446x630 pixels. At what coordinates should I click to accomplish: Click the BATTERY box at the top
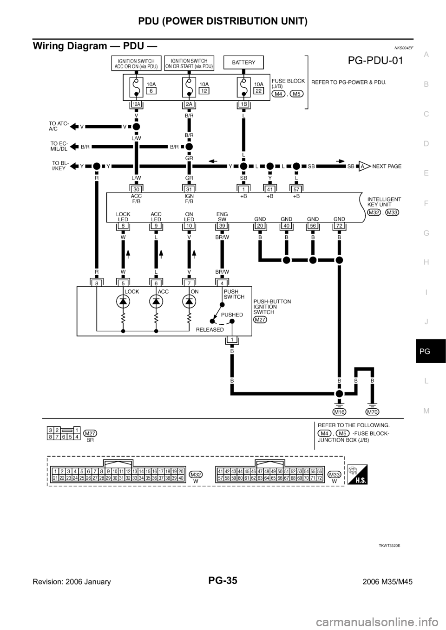pos(243,63)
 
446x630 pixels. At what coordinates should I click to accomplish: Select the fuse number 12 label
pos(204,90)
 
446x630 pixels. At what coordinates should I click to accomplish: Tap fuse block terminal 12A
pos(136,104)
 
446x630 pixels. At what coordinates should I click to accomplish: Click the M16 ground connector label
pos(340,412)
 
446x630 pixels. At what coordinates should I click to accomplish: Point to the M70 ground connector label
pos(372,412)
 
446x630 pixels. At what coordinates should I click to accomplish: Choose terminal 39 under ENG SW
pos(222,225)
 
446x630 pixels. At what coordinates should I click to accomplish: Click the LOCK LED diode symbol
pos(123,302)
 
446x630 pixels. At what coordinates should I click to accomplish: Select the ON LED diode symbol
pos(189,302)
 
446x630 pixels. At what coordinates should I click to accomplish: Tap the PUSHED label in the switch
pos(232,315)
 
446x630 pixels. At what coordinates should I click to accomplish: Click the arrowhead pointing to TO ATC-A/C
pos(74,127)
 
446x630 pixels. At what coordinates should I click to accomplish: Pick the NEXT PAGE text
pos(387,166)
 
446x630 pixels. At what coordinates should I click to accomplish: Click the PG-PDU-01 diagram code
pos(375,60)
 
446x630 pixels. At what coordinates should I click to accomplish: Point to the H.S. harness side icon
pos(357,474)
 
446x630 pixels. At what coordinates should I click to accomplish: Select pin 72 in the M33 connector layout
pos(319,478)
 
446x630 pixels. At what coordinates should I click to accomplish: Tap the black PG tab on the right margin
pos(431,351)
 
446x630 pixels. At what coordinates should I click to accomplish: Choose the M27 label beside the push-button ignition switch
pos(260,320)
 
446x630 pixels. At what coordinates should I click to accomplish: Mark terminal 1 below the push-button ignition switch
pos(232,340)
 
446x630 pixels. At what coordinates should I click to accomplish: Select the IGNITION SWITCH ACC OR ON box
pos(136,64)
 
